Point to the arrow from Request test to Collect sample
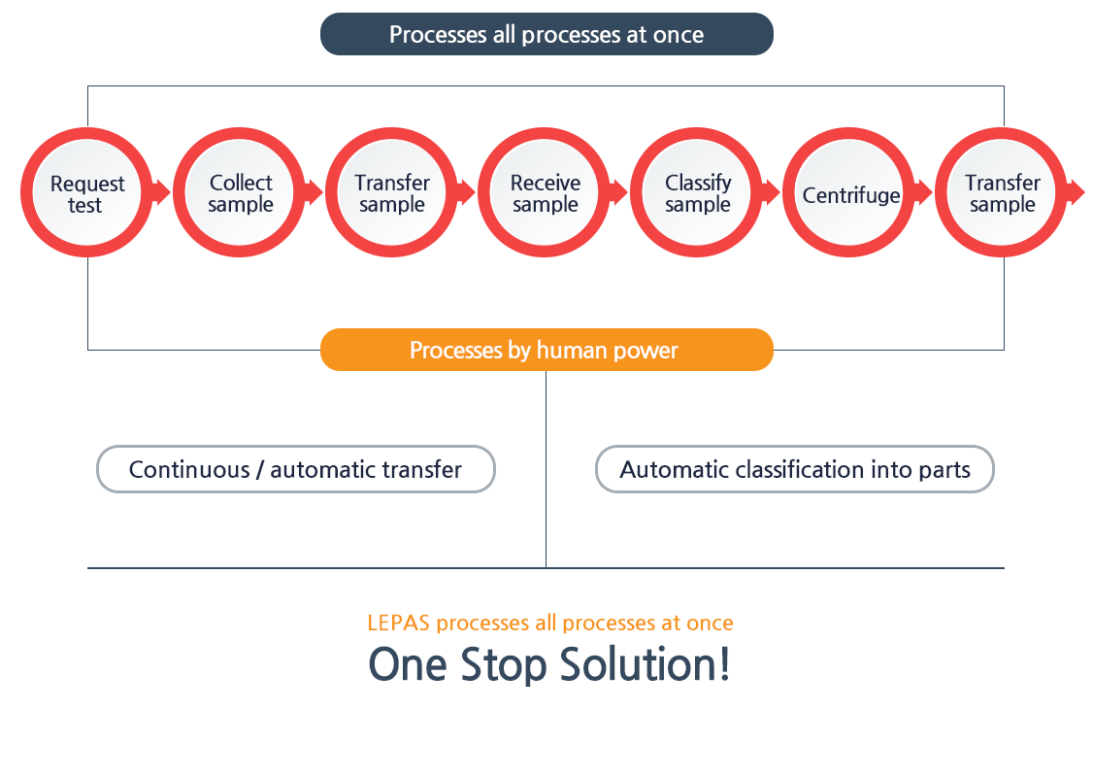coord(162,192)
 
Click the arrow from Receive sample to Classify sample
coord(619,192)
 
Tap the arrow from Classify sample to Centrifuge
coord(771,192)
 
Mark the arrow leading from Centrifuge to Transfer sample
coord(923,192)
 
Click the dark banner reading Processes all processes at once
coord(546,34)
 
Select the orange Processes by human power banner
coord(546,350)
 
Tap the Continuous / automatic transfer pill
coord(295,469)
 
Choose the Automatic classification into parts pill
coord(795,469)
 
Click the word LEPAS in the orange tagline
coord(398,623)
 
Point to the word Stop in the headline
coord(503,664)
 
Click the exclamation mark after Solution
coord(725,663)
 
